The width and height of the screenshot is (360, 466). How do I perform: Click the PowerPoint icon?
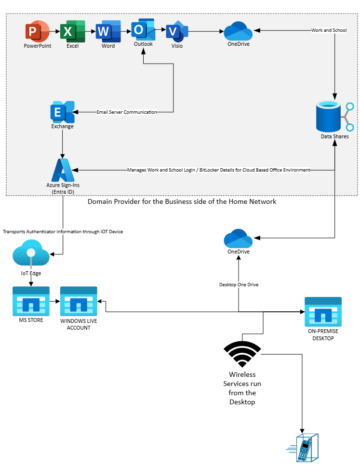[37, 31]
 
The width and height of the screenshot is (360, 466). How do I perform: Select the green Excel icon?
[72, 32]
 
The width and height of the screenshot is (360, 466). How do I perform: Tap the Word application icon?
[108, 32]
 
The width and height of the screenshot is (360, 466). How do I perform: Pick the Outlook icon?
[143, 30]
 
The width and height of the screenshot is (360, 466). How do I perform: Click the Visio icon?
[176, 32]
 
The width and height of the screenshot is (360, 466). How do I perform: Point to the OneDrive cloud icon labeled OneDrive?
[238, 31]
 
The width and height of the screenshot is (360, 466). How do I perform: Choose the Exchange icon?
[62, 112]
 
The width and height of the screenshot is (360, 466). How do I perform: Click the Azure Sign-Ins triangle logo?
[62, 170]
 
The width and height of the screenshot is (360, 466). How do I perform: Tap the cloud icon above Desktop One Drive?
[238, 239]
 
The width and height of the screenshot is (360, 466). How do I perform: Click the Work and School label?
[329, 30]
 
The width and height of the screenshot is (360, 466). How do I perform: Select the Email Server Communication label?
[127, 112]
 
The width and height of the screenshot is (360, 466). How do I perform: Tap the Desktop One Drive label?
[239, 285]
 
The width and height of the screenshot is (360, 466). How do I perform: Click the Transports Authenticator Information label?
[63, 232]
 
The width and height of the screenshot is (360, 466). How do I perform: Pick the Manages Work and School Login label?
[218, 170]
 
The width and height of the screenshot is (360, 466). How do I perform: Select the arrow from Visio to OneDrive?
[205, 32]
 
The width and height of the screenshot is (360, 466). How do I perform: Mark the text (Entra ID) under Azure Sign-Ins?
[62, 192]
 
